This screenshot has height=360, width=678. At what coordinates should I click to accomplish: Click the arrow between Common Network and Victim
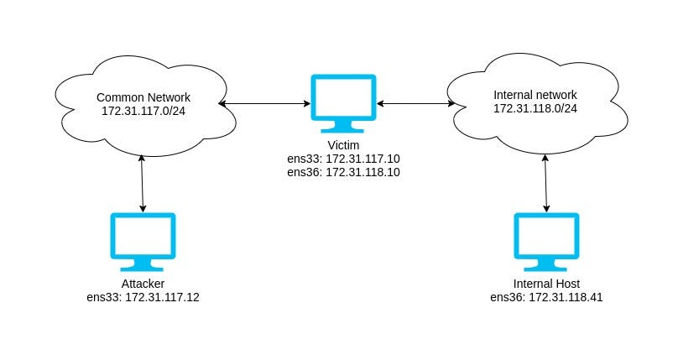tap(264, 104)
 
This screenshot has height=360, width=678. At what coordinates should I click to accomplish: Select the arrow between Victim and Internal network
tap(415, 104)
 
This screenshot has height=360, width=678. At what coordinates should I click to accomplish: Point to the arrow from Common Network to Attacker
tap(143, 183)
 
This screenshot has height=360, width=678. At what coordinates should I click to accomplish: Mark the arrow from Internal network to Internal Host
tap(546, 182)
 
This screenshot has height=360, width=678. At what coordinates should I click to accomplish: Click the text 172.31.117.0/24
tap(142, 111)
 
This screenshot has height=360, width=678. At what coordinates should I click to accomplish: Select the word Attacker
tap(143, 284)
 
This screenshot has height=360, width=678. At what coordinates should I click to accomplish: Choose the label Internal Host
tap(546, 284)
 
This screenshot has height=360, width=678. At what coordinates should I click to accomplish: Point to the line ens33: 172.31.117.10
tap(343, 159)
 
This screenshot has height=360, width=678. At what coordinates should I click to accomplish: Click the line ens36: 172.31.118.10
tap(343, 172)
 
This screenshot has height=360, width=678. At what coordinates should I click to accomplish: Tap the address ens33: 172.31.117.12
tap(143, 298)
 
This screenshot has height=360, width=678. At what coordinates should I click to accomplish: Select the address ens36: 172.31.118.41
tap(546, 298)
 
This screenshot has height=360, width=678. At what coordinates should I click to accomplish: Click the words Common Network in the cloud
tap(142, 97)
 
